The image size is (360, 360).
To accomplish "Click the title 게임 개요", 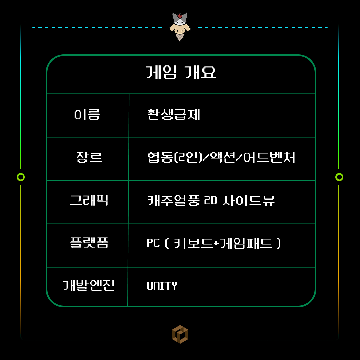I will click(181, 72).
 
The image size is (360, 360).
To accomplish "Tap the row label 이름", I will click(87, 115).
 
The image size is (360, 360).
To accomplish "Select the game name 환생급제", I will click(173, 115).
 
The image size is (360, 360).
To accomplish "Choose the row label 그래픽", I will click(89, 200).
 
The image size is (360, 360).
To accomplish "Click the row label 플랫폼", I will click(89, 243).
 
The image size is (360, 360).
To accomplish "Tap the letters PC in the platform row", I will click(153, 243).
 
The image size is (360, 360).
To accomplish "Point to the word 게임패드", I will click(246, 243).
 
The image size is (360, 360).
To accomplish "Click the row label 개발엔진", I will click(89, 286).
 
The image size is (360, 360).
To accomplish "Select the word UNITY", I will click(162, 286).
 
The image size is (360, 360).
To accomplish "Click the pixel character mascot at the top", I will click(180, 26).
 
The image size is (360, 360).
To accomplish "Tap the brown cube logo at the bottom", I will click(180, 334).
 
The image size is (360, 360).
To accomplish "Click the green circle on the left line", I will click(21, 177).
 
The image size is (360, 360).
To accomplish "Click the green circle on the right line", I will click(339, 177).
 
